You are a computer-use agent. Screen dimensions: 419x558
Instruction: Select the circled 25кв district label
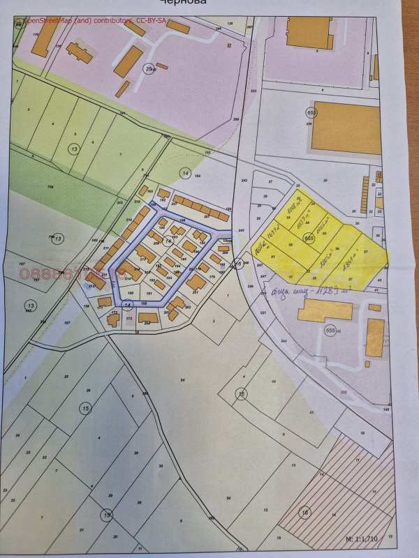click(148, 69)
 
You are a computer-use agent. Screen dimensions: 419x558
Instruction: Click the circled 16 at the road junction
click(238, 264)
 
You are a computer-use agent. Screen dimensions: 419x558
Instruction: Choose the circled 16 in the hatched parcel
click(304, 513)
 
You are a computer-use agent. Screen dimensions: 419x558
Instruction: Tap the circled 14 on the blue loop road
click(127, 305)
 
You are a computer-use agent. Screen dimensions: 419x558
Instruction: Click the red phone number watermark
click(63, 275)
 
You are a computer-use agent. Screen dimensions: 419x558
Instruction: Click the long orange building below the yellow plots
click(325, 312)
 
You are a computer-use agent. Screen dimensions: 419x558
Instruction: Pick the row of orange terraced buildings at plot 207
click(203, 206)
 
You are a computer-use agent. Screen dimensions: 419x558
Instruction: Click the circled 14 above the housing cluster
click(185, 172)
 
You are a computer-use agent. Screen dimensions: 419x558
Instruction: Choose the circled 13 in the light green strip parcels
click(74, 149)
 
